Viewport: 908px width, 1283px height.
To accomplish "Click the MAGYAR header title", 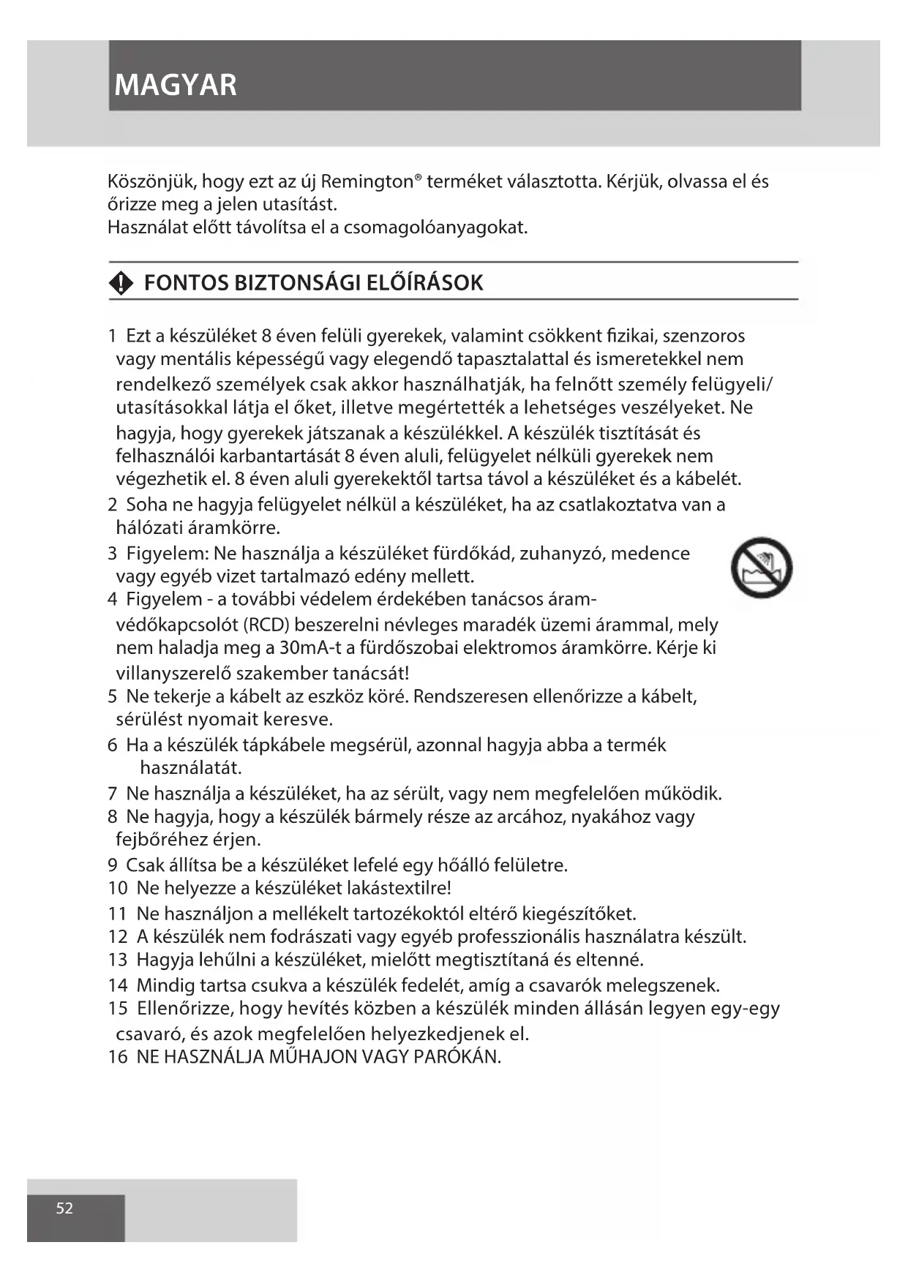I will click(176, 85).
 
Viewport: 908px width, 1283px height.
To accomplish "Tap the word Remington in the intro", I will click(367, 181).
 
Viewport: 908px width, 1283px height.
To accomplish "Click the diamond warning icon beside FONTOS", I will click(121, 283).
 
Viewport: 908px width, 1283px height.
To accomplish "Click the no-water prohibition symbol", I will click(762, 567).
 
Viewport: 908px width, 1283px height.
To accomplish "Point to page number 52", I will click(64, 1208).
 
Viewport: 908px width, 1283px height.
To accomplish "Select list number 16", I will click(118, 1057).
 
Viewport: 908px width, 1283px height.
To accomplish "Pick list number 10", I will click(118, 888).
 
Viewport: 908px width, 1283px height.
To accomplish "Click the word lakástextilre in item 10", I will click(399, 888).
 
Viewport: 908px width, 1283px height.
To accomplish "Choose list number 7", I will click(113, 793).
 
